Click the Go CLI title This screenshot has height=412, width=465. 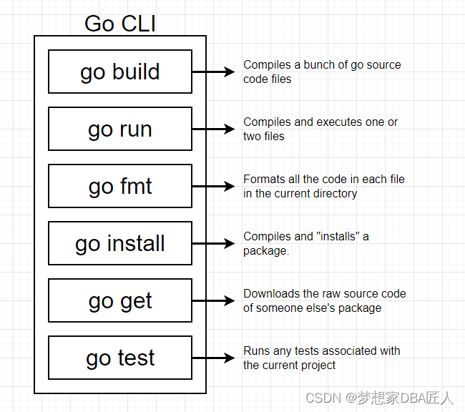tap(120, 23)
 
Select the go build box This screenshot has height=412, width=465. tap(120, 72)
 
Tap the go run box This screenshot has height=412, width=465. tap(120, 129)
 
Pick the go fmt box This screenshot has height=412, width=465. tap(120, 186)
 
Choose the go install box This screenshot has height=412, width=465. tap(120, 243)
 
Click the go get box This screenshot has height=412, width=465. tap(120, 300)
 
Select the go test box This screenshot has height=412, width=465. tap(120, 358)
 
